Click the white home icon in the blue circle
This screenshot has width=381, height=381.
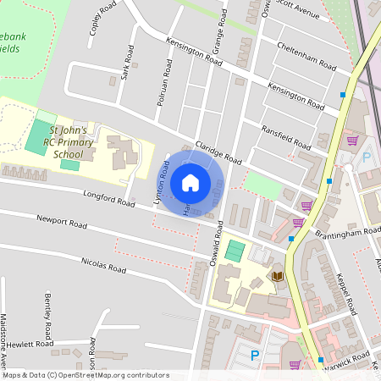coord(190,183)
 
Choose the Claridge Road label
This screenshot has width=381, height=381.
coord(218,152)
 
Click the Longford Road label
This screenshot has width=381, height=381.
coord(110,199)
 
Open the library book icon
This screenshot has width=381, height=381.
coord(278,277)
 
